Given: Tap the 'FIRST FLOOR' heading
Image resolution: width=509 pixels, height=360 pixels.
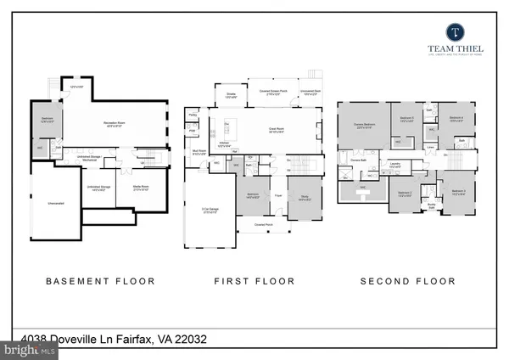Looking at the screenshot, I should pos(255,281).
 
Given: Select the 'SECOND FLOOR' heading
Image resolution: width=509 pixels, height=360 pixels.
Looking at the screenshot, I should pos(407,281).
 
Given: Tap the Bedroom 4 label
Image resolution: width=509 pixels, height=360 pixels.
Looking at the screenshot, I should pos(456,119).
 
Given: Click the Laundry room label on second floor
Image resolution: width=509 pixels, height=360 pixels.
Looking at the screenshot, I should pos(395,165).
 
